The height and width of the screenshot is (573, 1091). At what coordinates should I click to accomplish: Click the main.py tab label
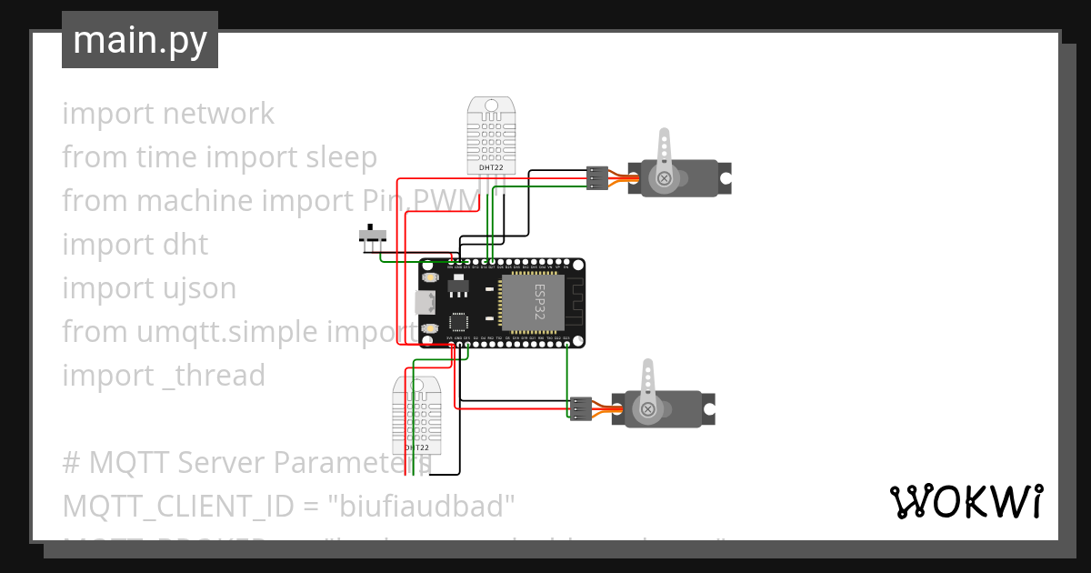click(x=139, y=41)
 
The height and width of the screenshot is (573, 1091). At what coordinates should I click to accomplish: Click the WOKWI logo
click(x=966, y=501)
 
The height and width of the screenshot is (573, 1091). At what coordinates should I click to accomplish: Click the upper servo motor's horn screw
click(x=665, y=178)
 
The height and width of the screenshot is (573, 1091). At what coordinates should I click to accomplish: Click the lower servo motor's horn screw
click(x=647, y=410)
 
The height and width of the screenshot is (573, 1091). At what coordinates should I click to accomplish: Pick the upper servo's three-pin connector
click(x=596, y=177)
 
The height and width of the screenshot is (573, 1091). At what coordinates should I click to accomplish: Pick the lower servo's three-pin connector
click(x=580, y=408)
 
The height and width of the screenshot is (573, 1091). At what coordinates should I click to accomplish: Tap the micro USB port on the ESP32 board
click(x=424, y=302)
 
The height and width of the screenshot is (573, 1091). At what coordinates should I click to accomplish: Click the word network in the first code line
click(x=218, y=114)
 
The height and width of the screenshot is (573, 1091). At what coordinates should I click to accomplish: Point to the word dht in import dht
click(x=185, y=245)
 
